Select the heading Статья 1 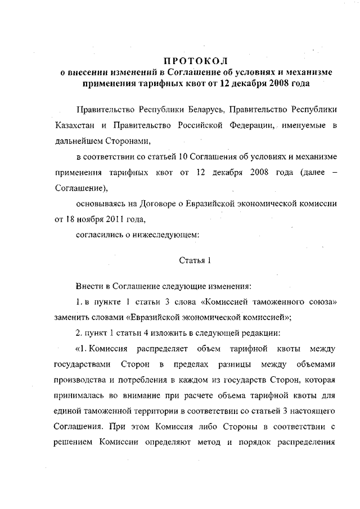coord(195,260)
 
